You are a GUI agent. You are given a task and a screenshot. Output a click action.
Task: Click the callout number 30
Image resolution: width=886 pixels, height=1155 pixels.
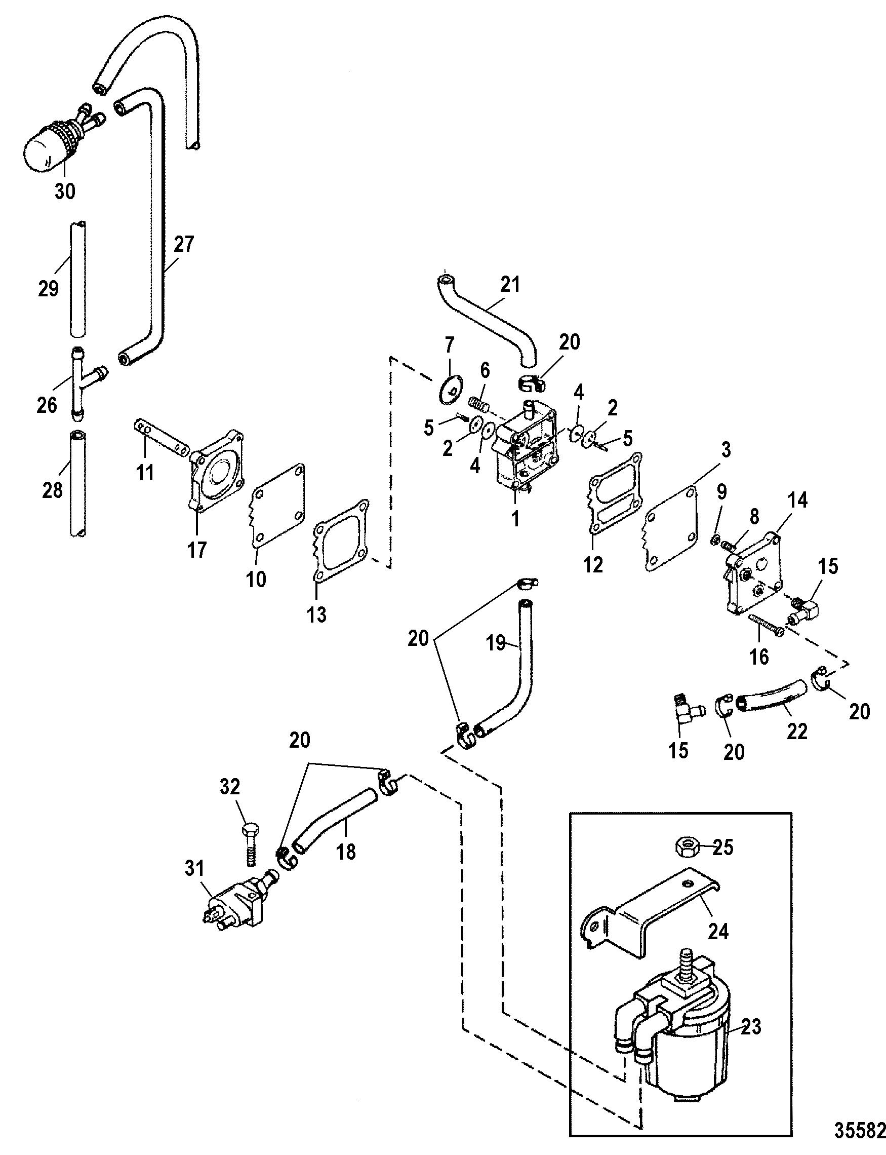coord(65,191)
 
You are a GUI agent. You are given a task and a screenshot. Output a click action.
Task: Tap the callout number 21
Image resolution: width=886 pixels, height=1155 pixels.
coord(510,285)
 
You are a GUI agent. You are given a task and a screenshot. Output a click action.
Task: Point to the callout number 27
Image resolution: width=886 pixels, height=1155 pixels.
coord(183,245)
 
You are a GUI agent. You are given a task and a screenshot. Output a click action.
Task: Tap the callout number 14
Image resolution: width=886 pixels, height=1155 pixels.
coord(797,499)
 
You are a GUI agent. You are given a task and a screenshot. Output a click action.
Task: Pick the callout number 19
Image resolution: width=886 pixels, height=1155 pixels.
coord(496,644)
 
